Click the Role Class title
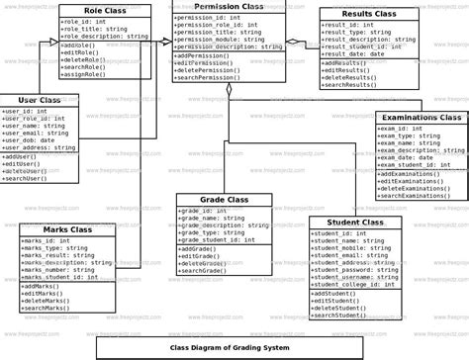pyautogui.click(x=104, y=9)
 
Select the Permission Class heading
pyautogui.click(x=229, y=7)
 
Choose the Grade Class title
pyautogui.click(x=224, y=200)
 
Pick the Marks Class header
pyautogui.click(x=61, y=229)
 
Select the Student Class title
pyautogui.click(x=354, y=224)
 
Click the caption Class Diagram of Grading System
pyautogui.click(x=230, y=348)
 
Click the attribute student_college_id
pyautogui.click(x=353, y=285)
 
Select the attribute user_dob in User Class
pyautogui.click(x=30, y=140)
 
